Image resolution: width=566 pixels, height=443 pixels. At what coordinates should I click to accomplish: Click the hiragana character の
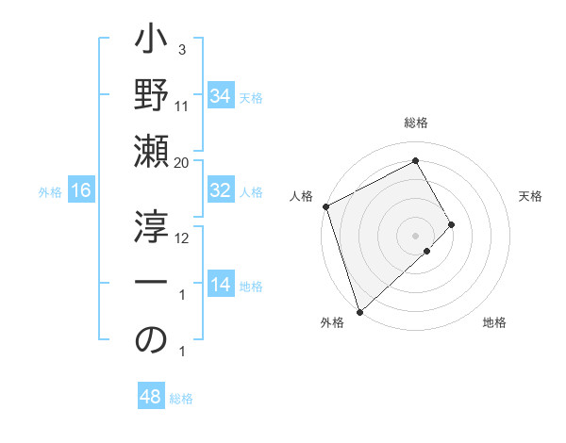(x=152, y=342)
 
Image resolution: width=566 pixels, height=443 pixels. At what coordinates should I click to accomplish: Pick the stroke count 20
(x=182, y=163)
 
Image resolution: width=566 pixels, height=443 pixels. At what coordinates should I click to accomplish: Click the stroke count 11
(x=182, y=107)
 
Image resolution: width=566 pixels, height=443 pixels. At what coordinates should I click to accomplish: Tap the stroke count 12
(x=182, y=238)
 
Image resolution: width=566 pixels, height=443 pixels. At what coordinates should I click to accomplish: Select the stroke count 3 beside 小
(x=181, y=49)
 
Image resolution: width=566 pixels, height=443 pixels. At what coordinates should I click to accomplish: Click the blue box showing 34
(x=220, y=96)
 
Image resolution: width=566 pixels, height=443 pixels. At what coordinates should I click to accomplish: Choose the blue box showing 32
(x=220, y=190)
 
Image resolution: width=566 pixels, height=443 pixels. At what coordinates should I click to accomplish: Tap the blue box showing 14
(x=220, y=285)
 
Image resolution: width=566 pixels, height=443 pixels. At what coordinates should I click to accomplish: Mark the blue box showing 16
(x=80, y=190)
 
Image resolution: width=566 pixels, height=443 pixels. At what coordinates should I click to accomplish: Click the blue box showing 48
(x=150, y=397)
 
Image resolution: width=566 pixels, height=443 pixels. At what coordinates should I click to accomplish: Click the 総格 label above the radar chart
(x=416, y=123)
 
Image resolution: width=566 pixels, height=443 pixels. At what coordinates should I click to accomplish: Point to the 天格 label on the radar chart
(x=530, y=196)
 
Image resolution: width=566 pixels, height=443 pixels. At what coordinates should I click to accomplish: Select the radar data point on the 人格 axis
(x=325, y=206)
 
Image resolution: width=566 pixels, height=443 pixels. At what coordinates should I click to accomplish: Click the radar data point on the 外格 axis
(x=359, y=311)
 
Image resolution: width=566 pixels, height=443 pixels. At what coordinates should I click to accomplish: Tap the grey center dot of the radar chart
(x=415, y=235)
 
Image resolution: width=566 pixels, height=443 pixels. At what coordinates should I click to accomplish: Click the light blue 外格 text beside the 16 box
(x=50, y=191)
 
